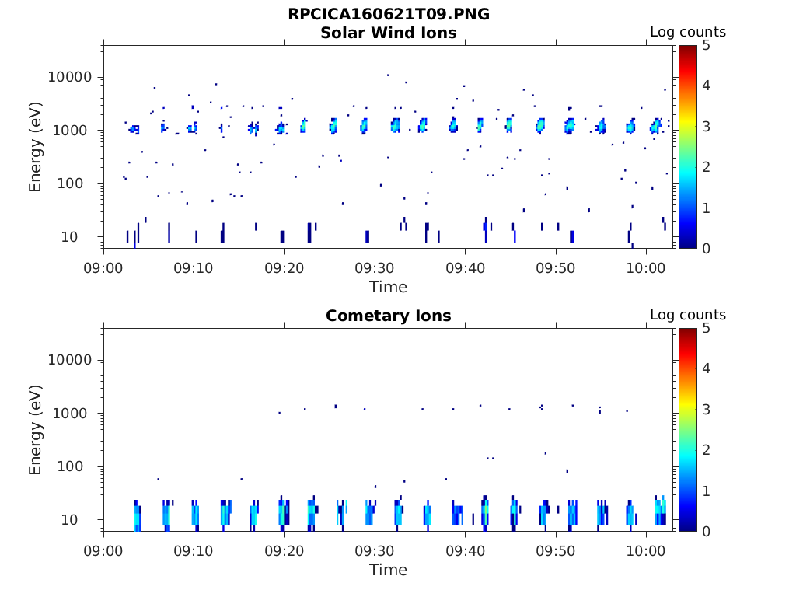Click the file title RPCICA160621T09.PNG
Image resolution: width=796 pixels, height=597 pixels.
point(389,15)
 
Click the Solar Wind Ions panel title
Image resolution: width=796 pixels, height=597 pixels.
point(389,33)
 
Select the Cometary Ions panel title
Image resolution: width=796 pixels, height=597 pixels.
point(389,316)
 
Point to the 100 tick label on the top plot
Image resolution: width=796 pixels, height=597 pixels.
point(78,184)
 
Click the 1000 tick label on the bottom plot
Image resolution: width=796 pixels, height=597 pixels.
point(75,414)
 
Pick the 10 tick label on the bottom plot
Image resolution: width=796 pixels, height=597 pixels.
point(82,520)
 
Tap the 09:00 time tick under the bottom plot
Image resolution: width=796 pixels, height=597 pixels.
point(104,551)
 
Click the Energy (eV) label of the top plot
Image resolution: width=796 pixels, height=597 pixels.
point(36,147)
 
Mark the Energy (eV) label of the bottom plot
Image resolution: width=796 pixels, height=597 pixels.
point(36,430)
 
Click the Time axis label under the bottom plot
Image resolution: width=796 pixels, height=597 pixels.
point(389,570)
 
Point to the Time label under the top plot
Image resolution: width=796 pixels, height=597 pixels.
point(389,287)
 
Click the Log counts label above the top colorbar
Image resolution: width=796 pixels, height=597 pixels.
point(688,33)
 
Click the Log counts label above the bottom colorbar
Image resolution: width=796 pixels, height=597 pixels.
point(688,316)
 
